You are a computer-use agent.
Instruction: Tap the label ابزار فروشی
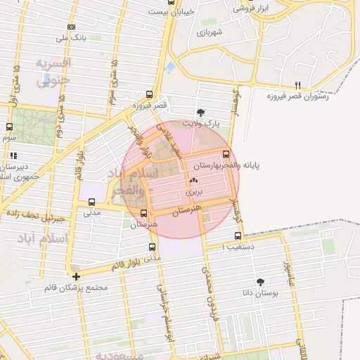click(253, 8)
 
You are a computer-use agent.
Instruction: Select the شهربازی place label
click(210, 32)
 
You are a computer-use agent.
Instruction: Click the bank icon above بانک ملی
click(71, 27)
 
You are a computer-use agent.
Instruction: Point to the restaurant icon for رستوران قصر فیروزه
click(297, 84)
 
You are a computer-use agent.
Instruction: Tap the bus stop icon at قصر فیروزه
click(148, 94)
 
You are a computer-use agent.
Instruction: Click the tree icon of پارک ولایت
click(201, 112)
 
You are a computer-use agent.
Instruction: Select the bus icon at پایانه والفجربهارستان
click(226, 155)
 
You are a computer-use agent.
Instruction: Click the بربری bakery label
click(194, 191)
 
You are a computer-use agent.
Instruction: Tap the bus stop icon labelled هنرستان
click(144, 213)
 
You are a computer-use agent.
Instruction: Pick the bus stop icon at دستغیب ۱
click(238, 236)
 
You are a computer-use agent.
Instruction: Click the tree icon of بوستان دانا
click(261, 281)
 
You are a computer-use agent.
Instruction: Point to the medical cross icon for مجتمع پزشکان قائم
click(76, 276)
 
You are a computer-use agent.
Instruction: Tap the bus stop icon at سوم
click(9, 127)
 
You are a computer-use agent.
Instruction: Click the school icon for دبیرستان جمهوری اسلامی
click(13, 155)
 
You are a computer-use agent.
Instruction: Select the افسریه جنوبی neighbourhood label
click(53, 71)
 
